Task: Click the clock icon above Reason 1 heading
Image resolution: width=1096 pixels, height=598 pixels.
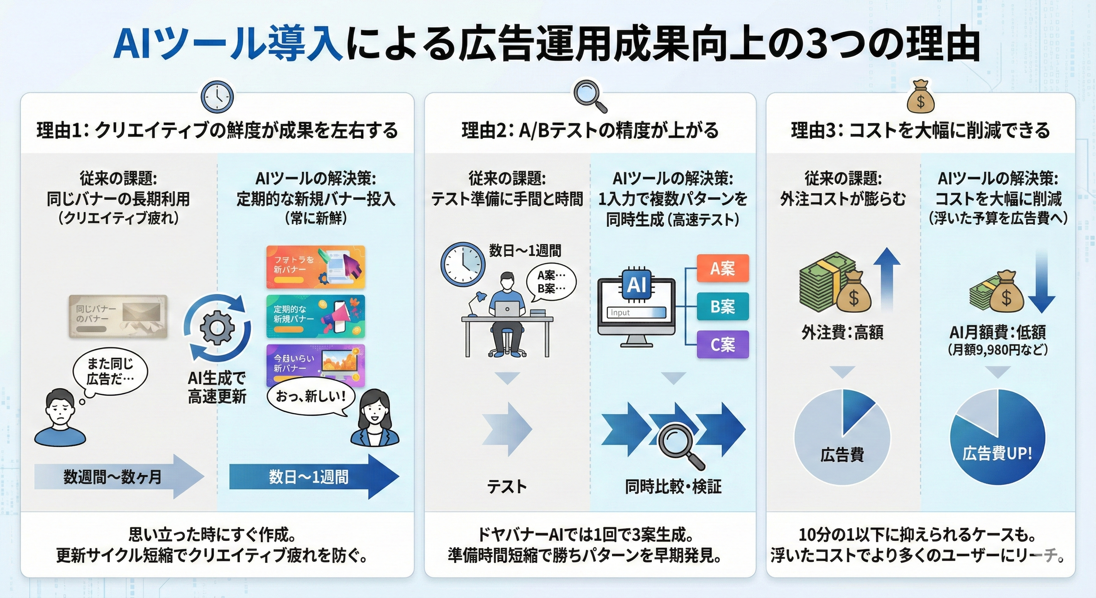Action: click(217, 97)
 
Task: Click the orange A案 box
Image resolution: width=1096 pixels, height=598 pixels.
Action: click(722, 268)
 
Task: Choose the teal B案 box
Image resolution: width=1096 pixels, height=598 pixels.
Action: click(722, 306)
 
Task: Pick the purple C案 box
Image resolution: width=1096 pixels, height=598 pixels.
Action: click(722, 344)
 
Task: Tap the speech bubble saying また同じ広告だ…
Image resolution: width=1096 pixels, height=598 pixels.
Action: click(110, 371)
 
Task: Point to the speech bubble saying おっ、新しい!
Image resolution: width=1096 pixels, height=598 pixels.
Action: click(311, 397)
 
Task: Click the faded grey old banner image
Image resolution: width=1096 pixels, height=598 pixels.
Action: click(118, 316)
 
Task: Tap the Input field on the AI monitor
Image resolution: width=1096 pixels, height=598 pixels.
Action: click(636, 312)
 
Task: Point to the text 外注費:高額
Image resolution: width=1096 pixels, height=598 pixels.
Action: click(842, 332)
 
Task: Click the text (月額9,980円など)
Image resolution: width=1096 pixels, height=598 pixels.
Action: click(998, 350)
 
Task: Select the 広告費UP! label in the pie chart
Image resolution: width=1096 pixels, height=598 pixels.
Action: click(997, 453)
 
